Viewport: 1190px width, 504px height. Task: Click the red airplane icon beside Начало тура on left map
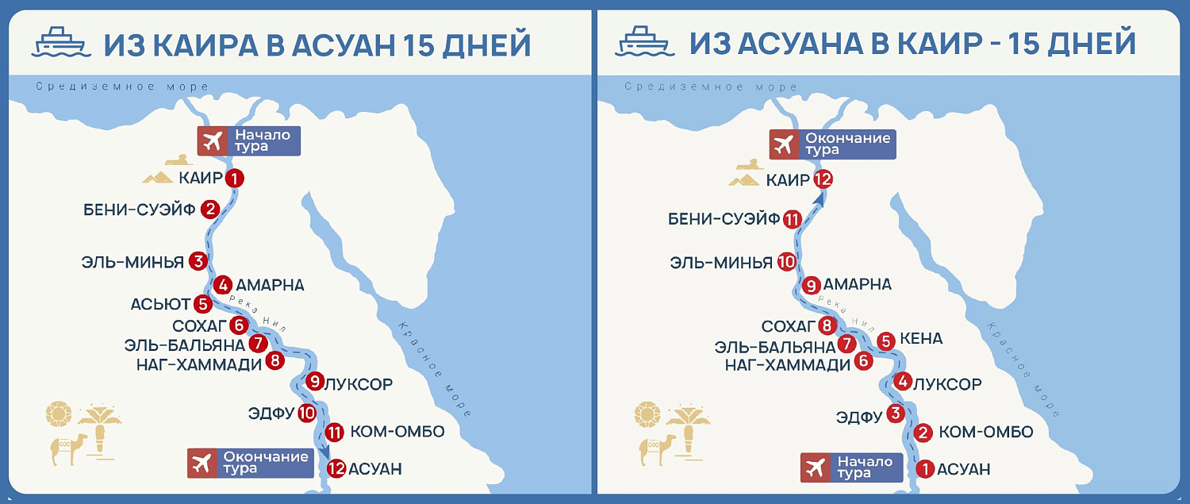pos(212,141)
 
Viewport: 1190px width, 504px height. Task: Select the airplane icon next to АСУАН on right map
pos(815,467)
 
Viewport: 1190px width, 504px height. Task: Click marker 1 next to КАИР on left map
pos(234,179)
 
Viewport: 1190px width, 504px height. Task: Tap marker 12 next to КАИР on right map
pos(823,180)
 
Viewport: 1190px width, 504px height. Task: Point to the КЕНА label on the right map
pos(922,339)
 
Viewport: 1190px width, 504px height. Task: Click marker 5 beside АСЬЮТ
pos(203,303)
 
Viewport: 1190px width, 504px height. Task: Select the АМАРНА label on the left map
pos(270,285)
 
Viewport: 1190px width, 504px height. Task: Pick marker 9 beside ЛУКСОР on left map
pos(315,383)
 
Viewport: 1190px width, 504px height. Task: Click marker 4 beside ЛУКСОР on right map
pos(903,383)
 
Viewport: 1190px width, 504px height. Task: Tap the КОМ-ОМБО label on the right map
pos(985,433)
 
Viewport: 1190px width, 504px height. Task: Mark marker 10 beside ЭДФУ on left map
pos(307,413)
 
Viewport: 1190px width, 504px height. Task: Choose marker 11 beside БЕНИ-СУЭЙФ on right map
pos(791,220)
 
